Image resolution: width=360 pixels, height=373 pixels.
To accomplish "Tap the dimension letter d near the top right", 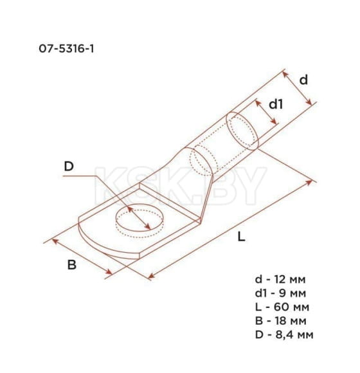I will [303, 79].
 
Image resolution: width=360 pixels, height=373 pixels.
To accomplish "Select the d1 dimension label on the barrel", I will [275, 104].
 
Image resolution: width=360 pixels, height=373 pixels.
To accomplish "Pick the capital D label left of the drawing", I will [69, 167].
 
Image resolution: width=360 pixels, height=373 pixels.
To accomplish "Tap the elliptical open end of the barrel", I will [245, 131].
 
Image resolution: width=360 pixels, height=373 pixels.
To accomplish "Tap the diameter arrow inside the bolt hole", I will [139, 219].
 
